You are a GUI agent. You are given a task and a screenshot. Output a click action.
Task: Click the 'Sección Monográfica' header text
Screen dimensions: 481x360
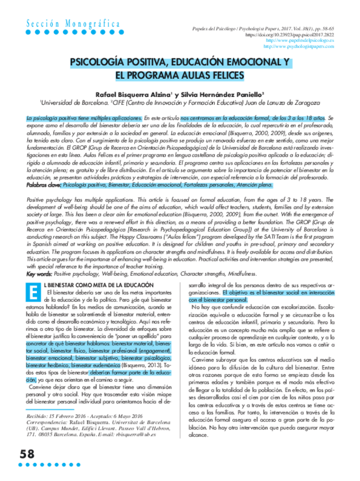(73, 23)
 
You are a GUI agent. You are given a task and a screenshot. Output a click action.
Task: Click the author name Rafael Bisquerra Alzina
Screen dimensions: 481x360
(134, 94)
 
